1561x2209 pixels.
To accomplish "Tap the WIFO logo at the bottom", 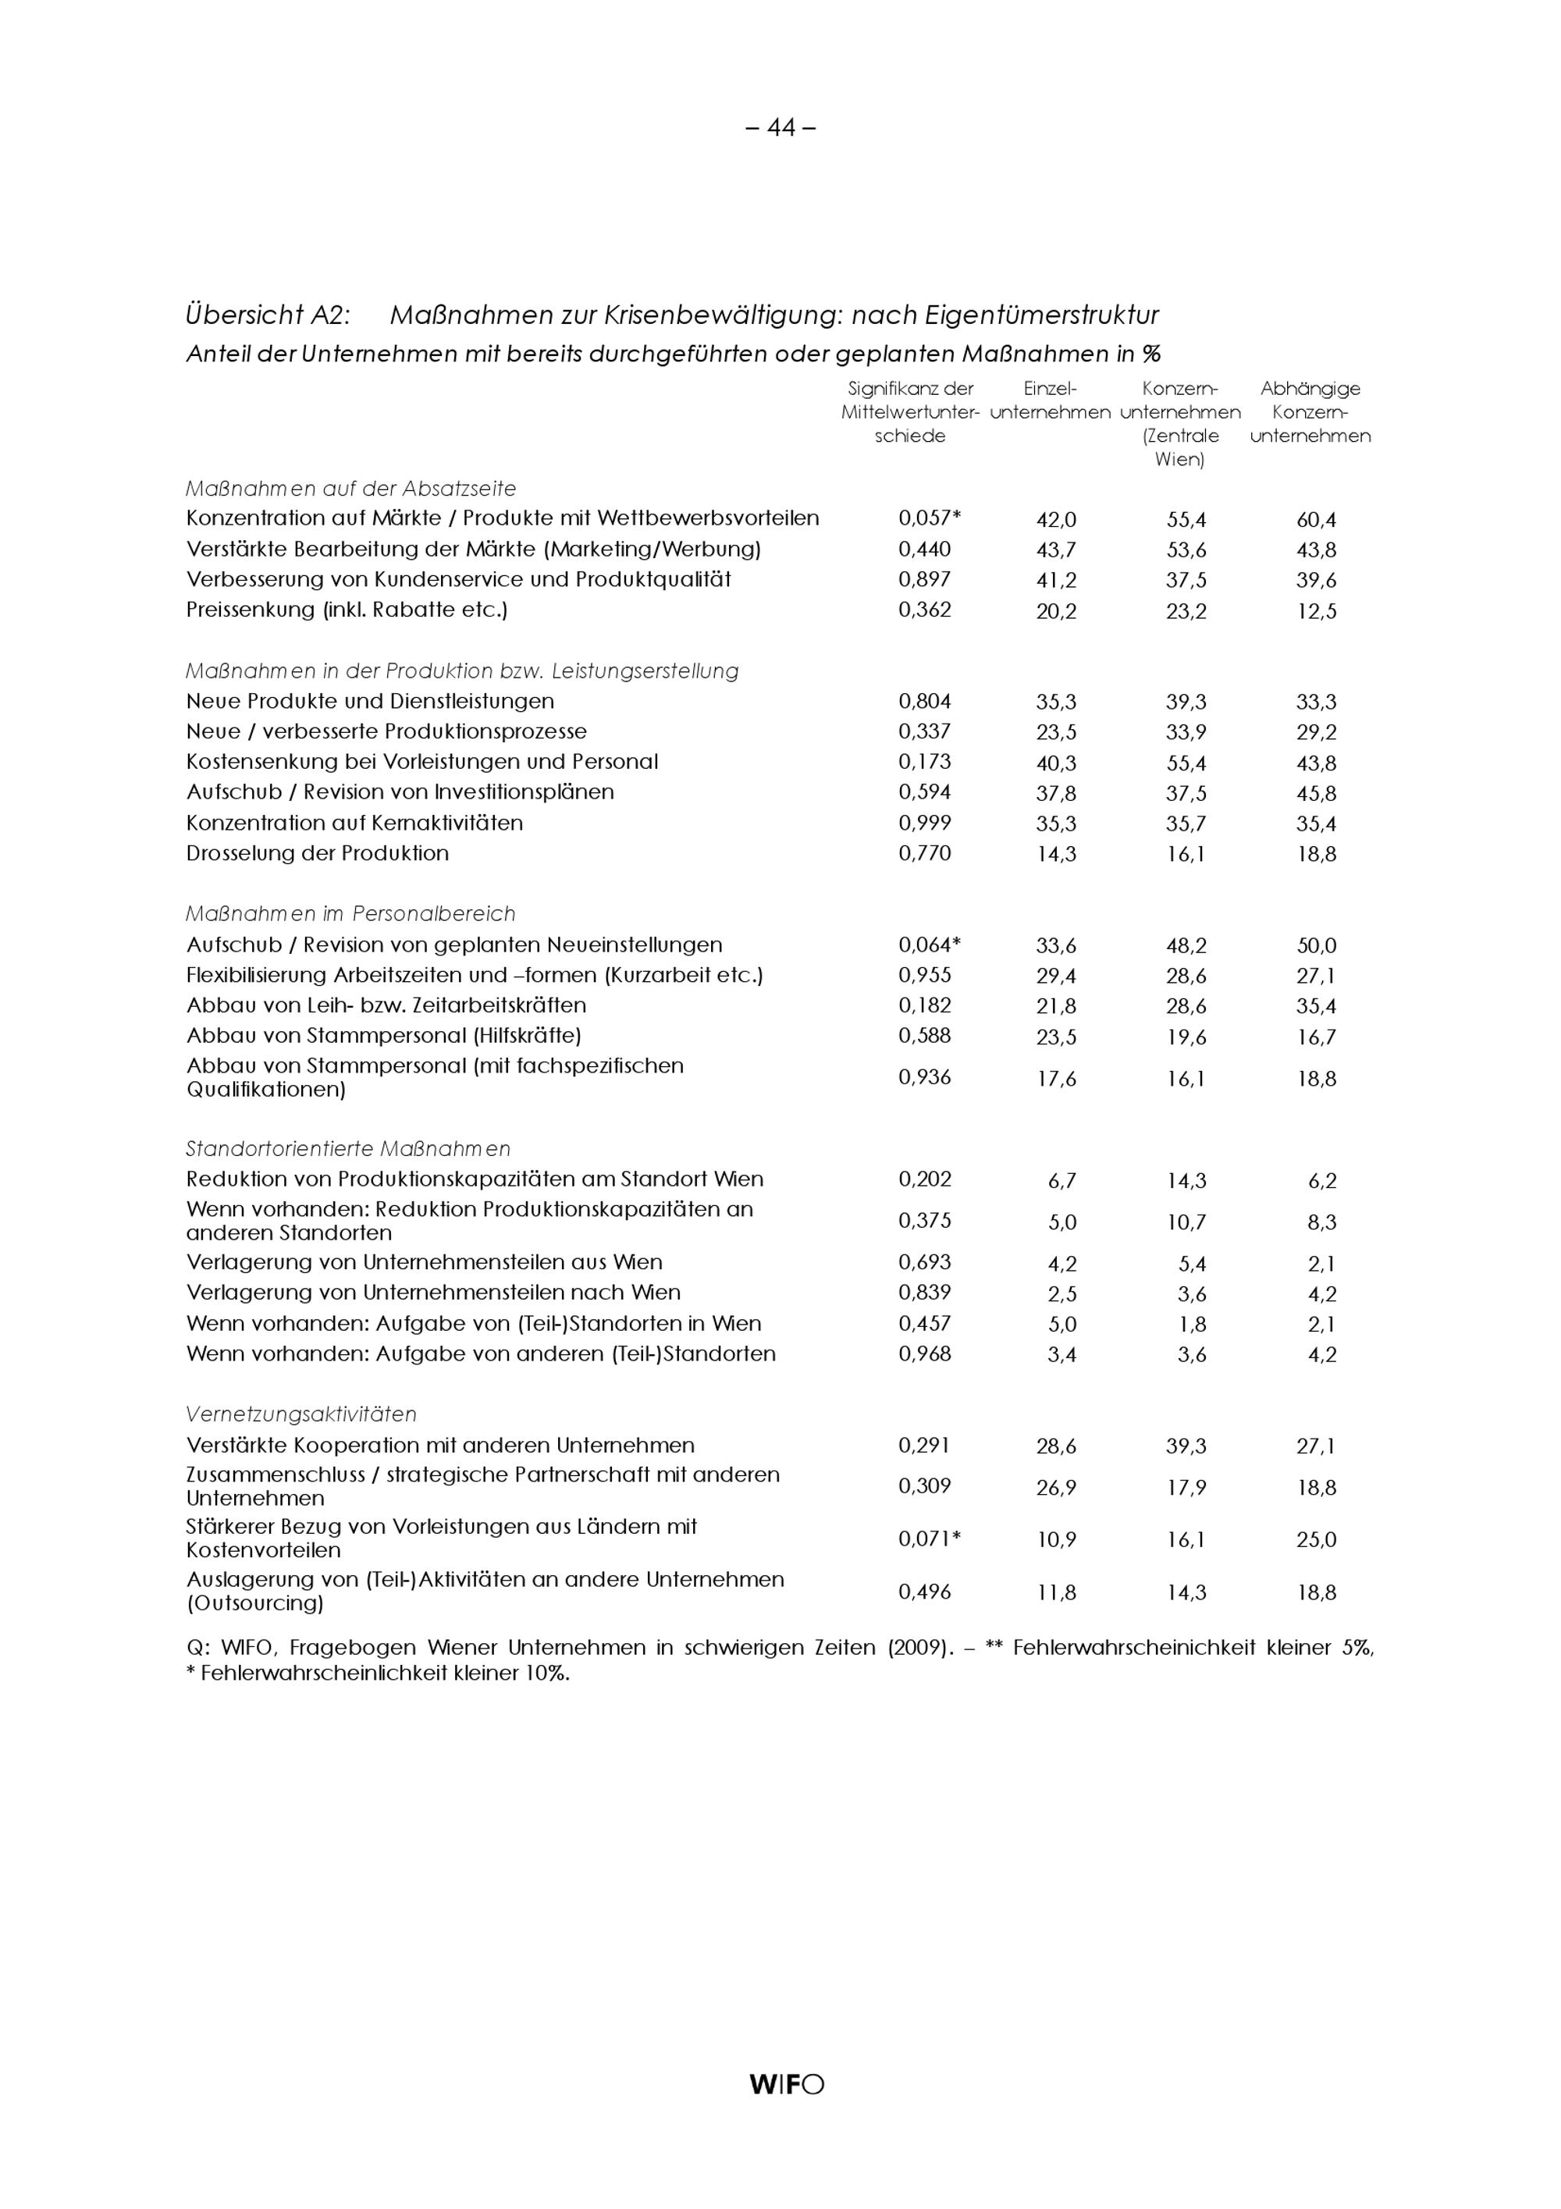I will [786, 2084].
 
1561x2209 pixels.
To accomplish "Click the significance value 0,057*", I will [929, 518].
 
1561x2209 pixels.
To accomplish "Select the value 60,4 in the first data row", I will [1316, 521].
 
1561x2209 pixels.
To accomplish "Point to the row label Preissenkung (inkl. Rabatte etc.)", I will [347, 610].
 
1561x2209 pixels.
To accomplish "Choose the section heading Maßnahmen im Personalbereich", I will [350, 913].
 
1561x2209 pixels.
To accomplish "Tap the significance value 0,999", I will [924, 823].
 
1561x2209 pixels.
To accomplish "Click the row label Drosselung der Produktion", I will [318, 853].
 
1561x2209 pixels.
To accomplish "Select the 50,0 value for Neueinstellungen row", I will [1316, 946].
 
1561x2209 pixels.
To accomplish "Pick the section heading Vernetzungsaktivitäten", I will [301, 1414].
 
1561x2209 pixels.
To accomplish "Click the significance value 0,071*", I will [929, 1538].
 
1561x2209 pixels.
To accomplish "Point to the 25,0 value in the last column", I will [1316, 1539].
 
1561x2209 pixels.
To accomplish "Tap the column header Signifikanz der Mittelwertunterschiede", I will [910, 412].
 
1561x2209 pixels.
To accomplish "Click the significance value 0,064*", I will [929, 944].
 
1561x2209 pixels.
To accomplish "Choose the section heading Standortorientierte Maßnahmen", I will [348, 1149].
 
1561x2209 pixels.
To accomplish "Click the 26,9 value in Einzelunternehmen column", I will [1056, 1488].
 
